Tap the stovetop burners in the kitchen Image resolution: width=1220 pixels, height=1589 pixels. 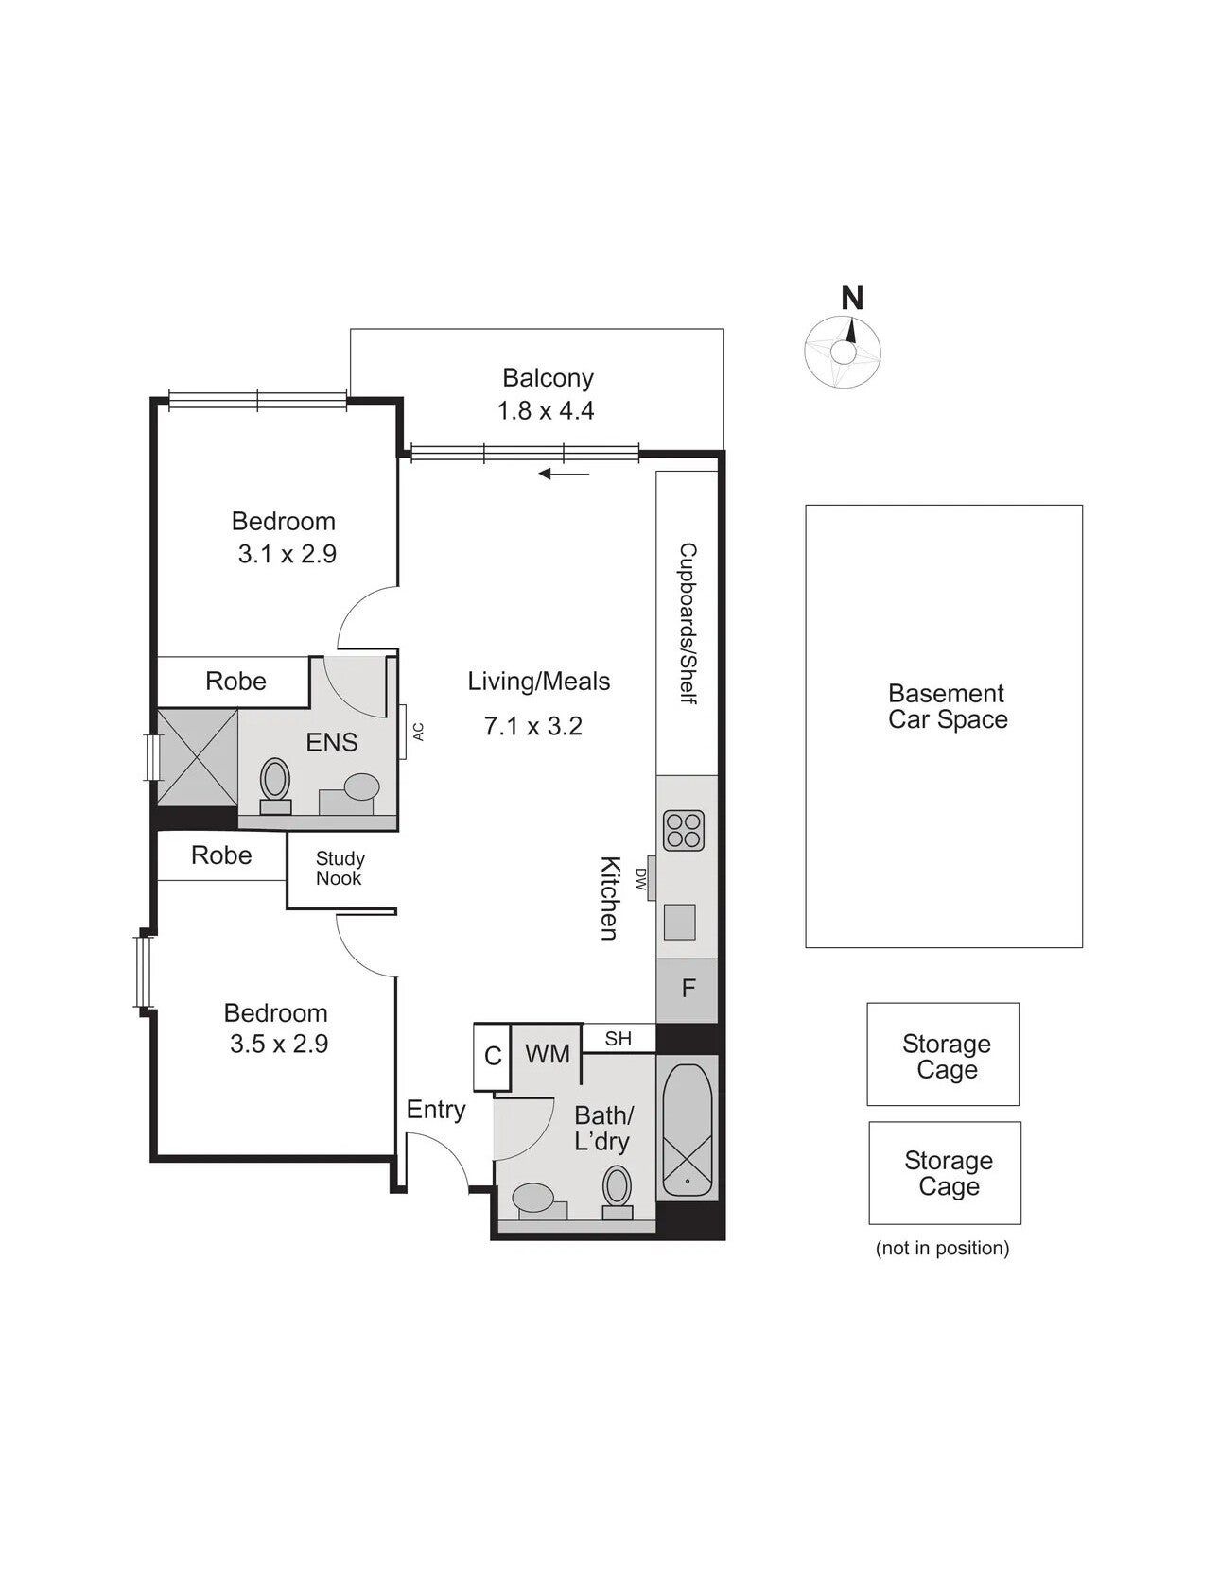click(683, 830)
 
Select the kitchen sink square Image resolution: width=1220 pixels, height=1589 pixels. click(679, 922)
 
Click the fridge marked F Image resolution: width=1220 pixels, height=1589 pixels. click(688, 990)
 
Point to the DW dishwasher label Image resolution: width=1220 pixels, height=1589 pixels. click(640, 880)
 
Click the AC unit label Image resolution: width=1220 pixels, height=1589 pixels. click(418, 731)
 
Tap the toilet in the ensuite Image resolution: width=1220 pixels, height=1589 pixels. click(275, 786)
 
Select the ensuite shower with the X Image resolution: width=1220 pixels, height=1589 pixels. click(197, 757)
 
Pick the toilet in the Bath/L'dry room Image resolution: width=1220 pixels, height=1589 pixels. click(618, 1192)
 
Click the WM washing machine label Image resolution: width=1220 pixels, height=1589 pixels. click(548, 1053)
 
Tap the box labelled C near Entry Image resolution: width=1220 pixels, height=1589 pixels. click(492, 1056)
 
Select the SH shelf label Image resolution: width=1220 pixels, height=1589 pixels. click(619, 1039)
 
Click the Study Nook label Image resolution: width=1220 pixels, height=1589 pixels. click(340, 868)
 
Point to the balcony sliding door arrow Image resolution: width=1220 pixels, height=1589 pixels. click(565, 474)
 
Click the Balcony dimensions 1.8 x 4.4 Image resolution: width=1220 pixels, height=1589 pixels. click(546, 410)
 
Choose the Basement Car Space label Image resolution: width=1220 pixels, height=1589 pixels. click(948, 706)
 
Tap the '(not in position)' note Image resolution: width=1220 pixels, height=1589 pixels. click(943, 1248)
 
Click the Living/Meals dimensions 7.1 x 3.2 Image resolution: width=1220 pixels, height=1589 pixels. click(533, 726)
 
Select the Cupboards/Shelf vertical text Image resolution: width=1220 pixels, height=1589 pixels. click(688, 623)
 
